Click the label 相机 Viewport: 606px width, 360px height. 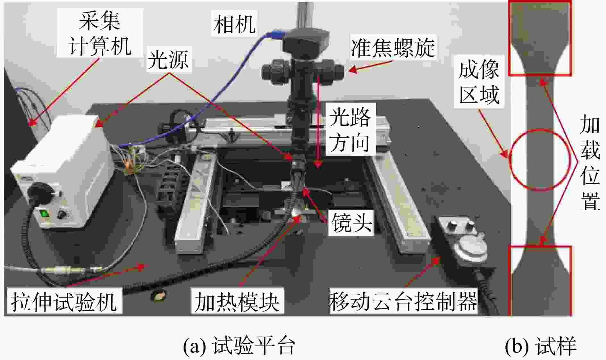tap(235, 24)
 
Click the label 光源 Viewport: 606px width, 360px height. tap(168, 59)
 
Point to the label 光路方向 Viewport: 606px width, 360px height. tap(349, 130)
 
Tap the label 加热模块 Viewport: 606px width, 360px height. tap(237, 301)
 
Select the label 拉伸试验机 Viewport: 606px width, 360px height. tap(63, 301)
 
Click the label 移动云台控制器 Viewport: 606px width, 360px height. tap(403, 301)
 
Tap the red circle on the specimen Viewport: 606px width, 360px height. tap(541, 160)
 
